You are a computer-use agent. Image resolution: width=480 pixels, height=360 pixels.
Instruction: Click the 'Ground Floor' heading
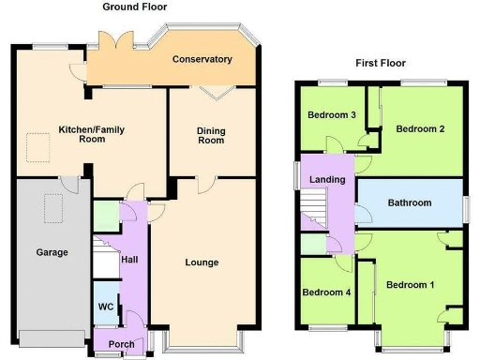[x=135, y=7]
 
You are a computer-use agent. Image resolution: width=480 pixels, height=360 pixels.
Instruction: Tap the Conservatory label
[x=202, y=59]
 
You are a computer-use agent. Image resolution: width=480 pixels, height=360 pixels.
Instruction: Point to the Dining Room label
[x=211, y=135]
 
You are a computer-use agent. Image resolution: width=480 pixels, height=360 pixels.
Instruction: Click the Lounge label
[x=202, y=262]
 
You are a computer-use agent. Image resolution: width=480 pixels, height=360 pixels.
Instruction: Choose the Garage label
[x=52, y=252]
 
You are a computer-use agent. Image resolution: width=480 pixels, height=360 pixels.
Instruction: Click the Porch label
[x=121, y=344]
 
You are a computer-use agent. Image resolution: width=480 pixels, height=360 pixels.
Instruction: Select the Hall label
[x=130, y=259]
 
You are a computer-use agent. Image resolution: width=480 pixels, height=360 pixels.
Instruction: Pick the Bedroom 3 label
[x=332, y=115]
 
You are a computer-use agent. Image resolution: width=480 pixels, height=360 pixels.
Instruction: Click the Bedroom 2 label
[x=419, y=128]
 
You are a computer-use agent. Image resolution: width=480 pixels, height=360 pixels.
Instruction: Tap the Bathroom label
[x=410, y=202]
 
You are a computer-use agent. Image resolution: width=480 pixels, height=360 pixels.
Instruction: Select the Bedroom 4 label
[x=326, y=292]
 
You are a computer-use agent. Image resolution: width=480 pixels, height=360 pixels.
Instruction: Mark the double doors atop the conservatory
[x=119, y=41]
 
